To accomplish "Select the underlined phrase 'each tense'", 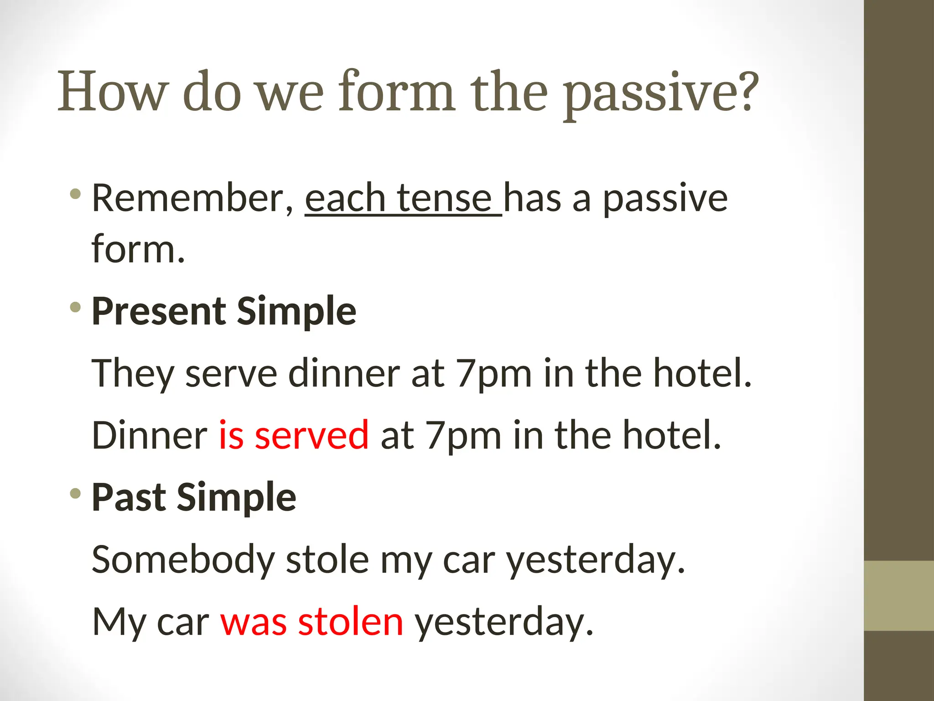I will [398, 199].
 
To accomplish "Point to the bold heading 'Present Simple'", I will [224, 311].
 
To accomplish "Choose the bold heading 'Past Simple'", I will [194, 497].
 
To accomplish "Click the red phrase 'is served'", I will [294, 435].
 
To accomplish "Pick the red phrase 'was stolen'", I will [312, 622].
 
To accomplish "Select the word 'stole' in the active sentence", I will [327, 560].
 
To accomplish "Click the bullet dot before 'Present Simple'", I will [76, 307].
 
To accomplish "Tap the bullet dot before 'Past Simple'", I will [76, 493].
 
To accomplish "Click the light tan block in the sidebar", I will [899, 596].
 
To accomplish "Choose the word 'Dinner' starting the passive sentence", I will [150, 435].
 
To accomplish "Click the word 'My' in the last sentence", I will [118, 622].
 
